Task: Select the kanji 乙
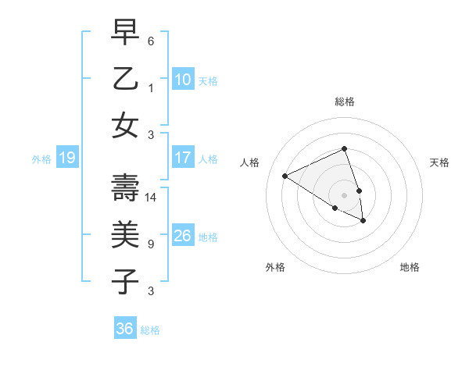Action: tap(125, 80)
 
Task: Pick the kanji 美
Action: tap(125, 234)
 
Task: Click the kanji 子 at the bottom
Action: tap(125, 280)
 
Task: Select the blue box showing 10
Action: tap(183, 80)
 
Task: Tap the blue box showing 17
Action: tap(183, 158)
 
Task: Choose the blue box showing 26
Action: tap(183, 236)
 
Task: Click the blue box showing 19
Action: tap(66, 159)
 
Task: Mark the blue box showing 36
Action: tap(125, 329)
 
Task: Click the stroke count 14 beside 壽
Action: tap(152, 198)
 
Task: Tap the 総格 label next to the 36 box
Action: tap(150, 330)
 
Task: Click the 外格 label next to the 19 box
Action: tap(41, 159)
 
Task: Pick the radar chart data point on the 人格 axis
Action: tap(285, 176)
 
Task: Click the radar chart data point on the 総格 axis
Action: tap(344, 148)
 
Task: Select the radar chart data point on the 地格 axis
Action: tap(363, 221)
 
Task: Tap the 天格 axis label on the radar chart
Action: tap(440, 162)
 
